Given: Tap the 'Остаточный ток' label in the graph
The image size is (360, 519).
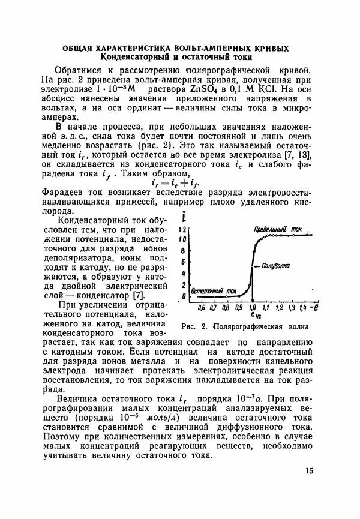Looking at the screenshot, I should (214, 292).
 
